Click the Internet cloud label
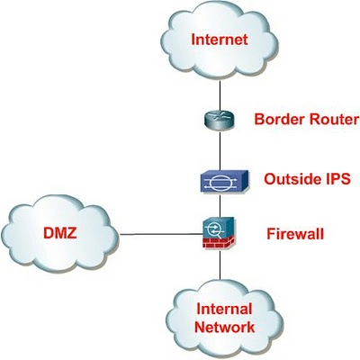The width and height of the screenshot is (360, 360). pos(220,40)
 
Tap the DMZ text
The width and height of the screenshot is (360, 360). pos(60,233)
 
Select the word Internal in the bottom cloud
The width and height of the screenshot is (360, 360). pos(224,310)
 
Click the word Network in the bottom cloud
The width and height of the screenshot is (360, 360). pos(225,327)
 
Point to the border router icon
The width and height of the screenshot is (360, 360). pos(220,120)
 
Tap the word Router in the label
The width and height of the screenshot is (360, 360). pos(334,119)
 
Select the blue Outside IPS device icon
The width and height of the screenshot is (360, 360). pos(224,182)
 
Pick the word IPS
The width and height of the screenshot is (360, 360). pos(337,179)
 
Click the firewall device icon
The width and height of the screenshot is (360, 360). pos(219,233)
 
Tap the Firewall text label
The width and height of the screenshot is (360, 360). pos(295,234)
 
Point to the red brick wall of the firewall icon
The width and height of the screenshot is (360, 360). pos(219,242)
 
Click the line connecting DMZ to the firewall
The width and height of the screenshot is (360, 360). pos(161,234)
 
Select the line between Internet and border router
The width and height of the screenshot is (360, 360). pos(220,95)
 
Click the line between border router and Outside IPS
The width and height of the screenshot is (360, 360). pos(220,150)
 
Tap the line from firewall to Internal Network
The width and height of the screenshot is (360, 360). pos(220,265)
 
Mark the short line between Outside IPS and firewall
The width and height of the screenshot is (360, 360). pos(220,205)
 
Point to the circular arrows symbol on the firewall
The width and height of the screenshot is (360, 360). pos(214,230)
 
